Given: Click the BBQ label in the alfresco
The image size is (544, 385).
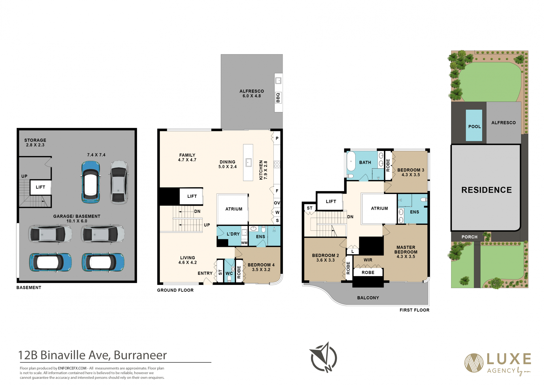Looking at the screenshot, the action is tap(278, 98).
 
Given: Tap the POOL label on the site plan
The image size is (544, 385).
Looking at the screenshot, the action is tap(475, 127).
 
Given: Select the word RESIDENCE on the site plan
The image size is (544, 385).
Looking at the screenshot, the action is tap(486, 190).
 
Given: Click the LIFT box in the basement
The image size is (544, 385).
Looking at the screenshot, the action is tap(41, 187).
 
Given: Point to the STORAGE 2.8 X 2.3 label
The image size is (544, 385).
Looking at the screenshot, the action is tap(35, 142).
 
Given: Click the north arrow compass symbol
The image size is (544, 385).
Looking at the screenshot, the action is tap(324, 357).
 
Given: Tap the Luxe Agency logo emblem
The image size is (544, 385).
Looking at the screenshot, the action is tap(474, 363).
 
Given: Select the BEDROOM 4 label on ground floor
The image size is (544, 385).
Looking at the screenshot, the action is tap(261, 265).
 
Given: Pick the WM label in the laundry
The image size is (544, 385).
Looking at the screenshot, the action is tap(244, 243).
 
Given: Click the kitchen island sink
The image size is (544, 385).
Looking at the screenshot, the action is tap(248, 163).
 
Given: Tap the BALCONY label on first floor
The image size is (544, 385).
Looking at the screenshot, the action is tap(368, 298).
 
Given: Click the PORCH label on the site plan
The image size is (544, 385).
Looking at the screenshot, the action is tap(469, 237).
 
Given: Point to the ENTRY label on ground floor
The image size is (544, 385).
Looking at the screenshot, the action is tap(205, 273).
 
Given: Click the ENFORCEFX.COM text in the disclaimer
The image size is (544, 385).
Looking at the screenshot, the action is tap(72, 368).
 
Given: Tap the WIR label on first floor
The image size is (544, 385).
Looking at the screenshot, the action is tap(368, 260).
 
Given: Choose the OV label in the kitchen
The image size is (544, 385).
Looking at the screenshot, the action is tap(277, 203).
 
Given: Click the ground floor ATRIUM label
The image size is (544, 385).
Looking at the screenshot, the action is tap(234, 209).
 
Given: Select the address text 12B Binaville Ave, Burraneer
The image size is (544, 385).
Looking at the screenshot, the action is tap(93, 355).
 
